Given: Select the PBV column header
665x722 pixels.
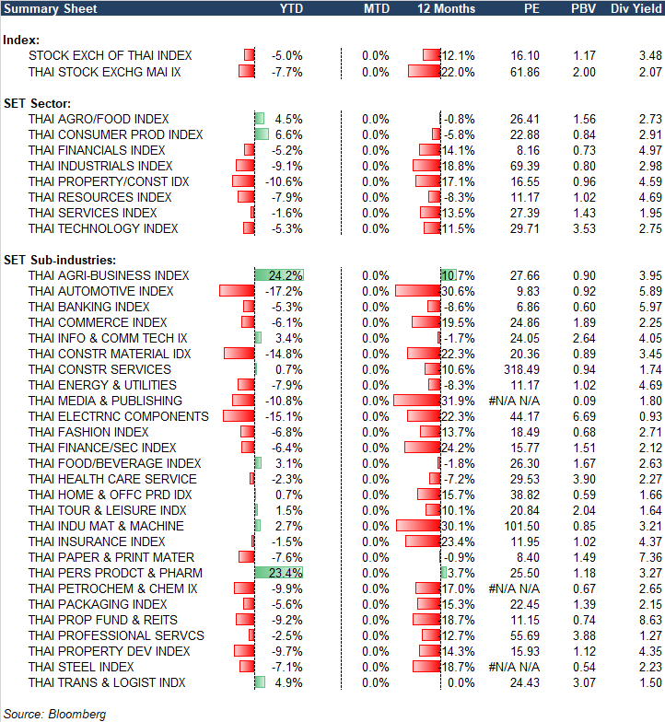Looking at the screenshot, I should point(583,8).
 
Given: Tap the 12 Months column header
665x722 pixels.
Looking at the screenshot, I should point(447,8).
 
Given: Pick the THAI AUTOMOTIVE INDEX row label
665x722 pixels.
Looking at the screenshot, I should point(100,291).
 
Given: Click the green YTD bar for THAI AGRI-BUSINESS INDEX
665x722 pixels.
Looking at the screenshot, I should point(278,275).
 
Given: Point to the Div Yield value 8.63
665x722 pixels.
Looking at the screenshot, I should point(649,620).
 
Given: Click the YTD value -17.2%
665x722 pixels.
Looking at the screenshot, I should point(286,291).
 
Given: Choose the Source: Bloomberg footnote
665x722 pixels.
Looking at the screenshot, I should point(55,714).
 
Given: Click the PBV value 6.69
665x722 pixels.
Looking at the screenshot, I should point(583,416).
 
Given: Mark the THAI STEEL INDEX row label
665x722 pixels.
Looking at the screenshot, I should point(81,667).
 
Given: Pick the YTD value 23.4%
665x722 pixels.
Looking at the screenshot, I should point(286,573).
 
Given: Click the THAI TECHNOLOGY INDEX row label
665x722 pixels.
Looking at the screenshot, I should point(103,228).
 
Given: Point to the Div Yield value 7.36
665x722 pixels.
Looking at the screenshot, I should point(649,557).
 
